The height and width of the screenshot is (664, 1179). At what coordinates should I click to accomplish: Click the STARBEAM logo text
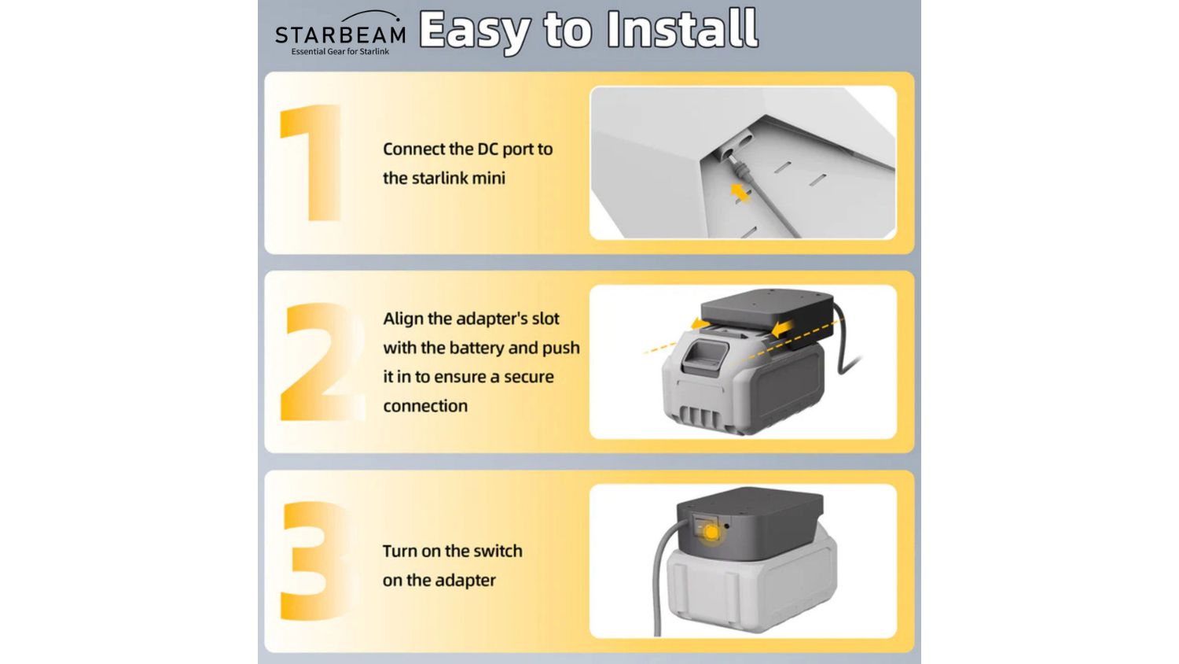340,35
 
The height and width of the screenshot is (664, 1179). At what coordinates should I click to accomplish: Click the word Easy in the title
474,31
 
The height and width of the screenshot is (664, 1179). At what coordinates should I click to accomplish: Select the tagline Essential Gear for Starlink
340,52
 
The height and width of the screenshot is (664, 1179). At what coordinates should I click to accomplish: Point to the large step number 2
322,362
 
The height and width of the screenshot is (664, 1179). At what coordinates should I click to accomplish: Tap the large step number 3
315,561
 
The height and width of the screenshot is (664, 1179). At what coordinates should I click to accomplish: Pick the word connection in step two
425,406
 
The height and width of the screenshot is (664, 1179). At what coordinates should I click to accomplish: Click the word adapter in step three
468,581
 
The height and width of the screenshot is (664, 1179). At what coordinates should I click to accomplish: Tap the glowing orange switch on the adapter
711,533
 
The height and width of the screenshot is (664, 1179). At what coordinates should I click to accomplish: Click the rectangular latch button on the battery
705,355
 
